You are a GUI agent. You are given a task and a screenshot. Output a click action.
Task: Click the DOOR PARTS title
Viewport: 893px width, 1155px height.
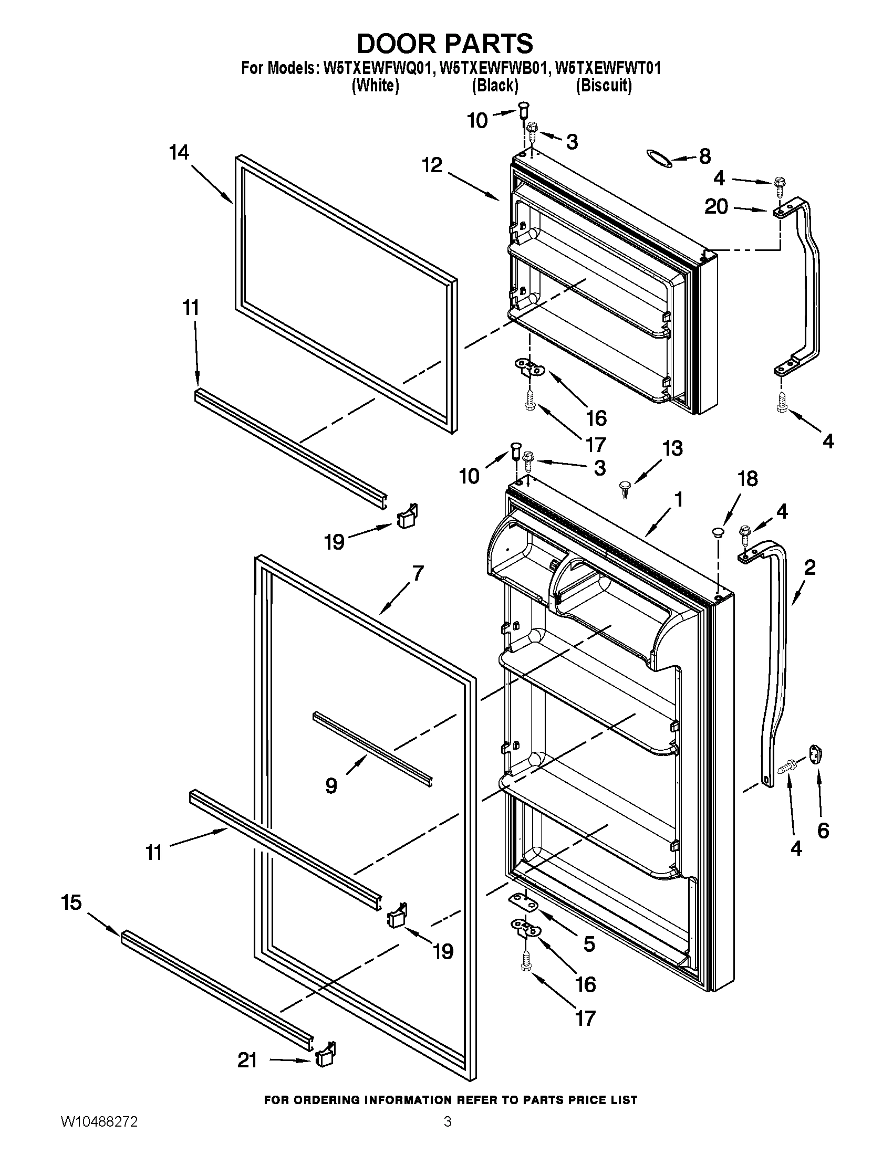pyautogui.click(x=445, y=44)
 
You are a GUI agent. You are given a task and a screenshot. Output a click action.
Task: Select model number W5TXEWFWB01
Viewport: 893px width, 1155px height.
pyautogui.click(x=492, y=68)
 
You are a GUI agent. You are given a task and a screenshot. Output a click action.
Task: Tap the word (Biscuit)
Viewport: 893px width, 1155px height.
pyautogui.click(x=604, y=85)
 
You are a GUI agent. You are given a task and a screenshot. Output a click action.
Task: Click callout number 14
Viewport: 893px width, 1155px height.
pyautogui.click(x=179, y=153)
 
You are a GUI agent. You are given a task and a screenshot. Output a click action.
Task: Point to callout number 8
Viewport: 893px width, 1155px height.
pyautogui.click(x=704, y=156)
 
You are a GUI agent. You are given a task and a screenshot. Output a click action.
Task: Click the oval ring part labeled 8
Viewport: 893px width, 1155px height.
pyautogui.click(x=659, y=158)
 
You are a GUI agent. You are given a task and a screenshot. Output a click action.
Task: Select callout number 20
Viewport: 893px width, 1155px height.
pyautogui.click(x=717, y=207)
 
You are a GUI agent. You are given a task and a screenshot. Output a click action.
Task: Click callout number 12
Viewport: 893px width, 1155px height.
pyautogui.click(x=432, y=165)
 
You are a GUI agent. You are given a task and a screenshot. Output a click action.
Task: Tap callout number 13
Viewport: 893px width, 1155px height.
pyautogui.click(x=672, y=448)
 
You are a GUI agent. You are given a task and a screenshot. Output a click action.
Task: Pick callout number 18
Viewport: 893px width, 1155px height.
pyautogui.click(x=747, y=478)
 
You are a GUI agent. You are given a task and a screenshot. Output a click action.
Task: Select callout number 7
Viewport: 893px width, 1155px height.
pyautogui.click(x=418, y=573)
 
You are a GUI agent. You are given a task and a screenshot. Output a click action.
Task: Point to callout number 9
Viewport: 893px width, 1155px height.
pyautogui.click(x=331, y=786)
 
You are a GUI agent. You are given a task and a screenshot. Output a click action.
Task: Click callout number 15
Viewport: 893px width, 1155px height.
pyautogui.click(x=71, y=902)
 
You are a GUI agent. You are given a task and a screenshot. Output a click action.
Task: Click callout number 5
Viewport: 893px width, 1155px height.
pyautogui.click(x=589, y=943)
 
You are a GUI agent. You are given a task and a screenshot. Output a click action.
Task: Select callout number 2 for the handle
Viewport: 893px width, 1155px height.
pyautogui.click(x=809, y=568)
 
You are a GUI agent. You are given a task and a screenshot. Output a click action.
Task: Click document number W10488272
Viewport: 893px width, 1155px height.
pyautogui.click(x=99, y=1135)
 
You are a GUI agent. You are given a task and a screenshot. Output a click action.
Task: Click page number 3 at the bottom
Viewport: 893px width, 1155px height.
pyautogui.click(x=447, y=1135)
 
